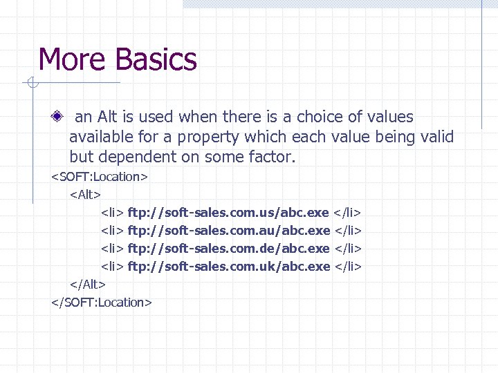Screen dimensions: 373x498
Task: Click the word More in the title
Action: click(x=68, y=59)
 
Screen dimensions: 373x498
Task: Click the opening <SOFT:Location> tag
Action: click(x=99, y=177)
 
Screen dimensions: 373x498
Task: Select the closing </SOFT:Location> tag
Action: click(x=101, y=303)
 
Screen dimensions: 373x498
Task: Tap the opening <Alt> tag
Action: click(x=86, y=195)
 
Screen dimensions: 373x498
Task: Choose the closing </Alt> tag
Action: click(x=87, y=285)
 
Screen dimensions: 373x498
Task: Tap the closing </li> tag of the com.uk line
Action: click(x=349, y=266)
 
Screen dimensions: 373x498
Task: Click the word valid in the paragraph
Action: click(x=436, y=137)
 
